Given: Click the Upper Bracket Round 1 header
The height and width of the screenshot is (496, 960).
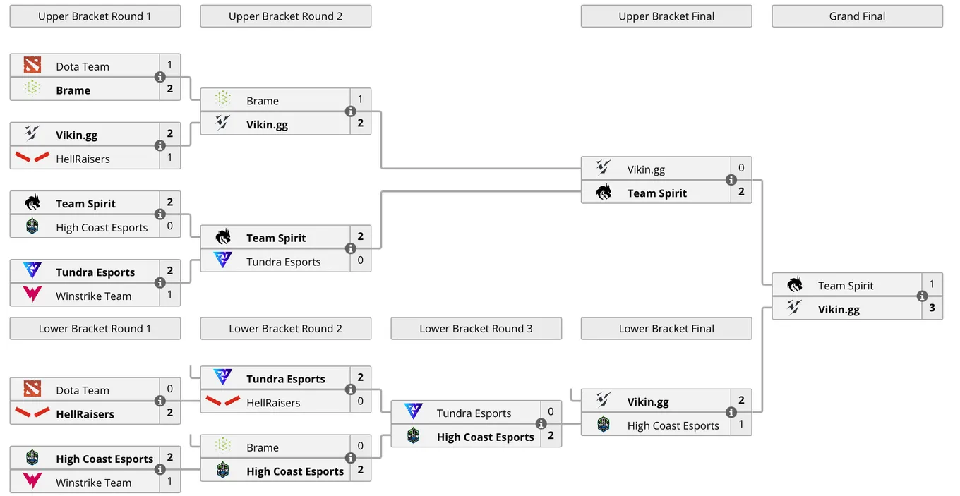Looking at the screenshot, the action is pos(95,16).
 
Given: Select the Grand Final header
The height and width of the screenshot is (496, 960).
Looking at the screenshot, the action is pos(857,16).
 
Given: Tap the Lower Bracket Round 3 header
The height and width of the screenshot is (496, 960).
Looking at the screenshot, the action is pos(476,329).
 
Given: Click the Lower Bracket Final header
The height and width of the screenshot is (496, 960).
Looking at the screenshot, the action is pos(666,329).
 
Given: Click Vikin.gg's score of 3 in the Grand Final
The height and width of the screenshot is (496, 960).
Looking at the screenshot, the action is pos(932,308).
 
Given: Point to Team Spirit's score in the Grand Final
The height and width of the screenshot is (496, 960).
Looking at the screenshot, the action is pos(932,284).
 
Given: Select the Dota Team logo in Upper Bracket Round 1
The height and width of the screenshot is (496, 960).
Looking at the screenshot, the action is pos(32,65).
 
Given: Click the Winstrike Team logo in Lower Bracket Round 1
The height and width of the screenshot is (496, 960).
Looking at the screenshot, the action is pos(32,480).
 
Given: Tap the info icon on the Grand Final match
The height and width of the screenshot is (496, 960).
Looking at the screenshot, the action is pos(923,296).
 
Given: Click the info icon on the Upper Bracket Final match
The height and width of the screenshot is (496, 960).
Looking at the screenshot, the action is pos(731,180).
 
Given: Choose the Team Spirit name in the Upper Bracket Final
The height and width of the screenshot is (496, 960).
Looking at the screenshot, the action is pos(657,193).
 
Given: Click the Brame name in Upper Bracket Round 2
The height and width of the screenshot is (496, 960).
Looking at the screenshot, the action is pos(263,101).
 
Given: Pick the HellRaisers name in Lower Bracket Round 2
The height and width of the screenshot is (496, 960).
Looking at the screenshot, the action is pos(273,403).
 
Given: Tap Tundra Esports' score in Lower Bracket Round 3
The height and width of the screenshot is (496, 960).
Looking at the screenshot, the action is pos(551,411).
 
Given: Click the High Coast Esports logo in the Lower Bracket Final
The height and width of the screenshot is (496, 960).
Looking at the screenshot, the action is pos(604,424).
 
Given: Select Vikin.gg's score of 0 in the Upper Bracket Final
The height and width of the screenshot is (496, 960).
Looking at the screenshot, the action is pos(741,168).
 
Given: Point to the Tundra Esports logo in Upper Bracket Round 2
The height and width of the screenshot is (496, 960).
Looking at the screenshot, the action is pos(223,260).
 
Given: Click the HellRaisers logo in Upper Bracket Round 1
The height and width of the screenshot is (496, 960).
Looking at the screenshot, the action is pos(32,157).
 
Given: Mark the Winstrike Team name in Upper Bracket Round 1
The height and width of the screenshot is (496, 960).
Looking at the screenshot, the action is pos(93,296).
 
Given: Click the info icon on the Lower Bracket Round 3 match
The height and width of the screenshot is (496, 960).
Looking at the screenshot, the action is pos(541,423).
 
